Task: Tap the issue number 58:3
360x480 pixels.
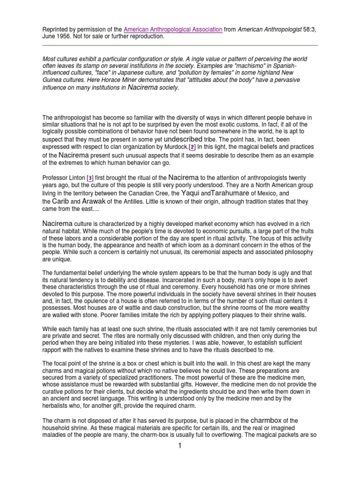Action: [x=309, y=29]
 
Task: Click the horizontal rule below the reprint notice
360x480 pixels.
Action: [x=180, y=45]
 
